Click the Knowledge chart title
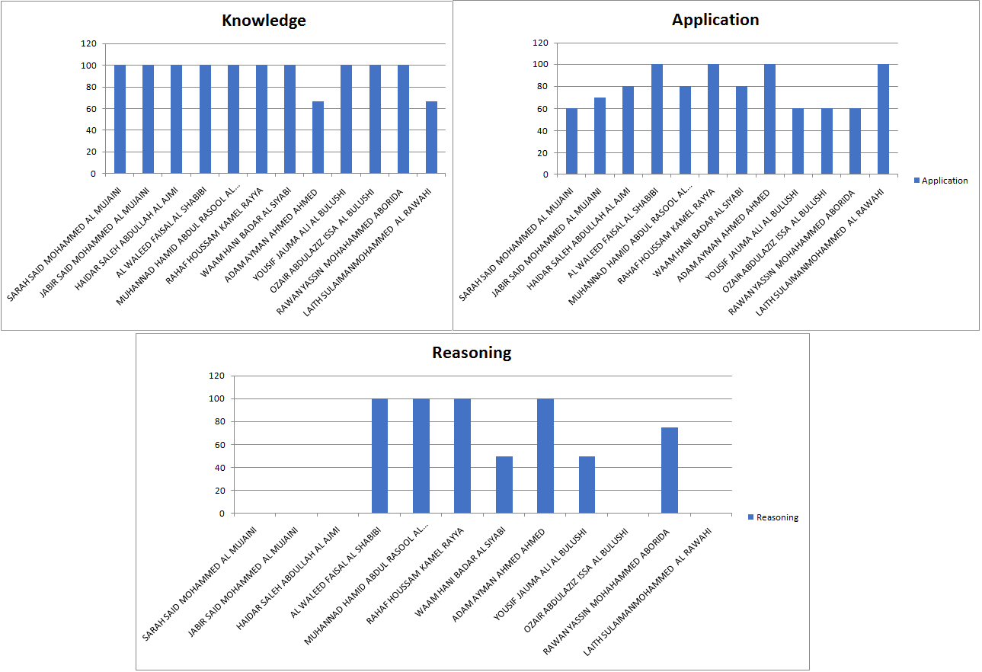264,21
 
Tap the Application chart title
715,20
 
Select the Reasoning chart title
472,353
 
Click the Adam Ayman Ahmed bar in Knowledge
318,137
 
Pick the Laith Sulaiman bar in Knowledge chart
431,137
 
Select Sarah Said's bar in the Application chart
571,141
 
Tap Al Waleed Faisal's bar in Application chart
657,120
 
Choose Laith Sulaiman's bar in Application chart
883,120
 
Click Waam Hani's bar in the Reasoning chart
504,485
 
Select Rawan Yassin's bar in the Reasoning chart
670,470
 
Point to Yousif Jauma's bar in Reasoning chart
587,485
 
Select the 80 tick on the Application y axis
540,87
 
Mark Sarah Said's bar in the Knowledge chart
120,120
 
